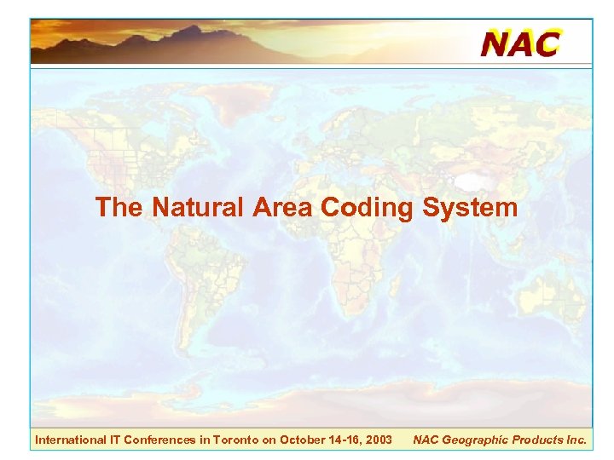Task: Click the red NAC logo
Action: pos(520,43)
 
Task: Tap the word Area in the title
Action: pos(285,208)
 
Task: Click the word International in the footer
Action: pos(69,440)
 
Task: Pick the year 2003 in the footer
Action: pos(378,440)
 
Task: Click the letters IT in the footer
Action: pos(114,440)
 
